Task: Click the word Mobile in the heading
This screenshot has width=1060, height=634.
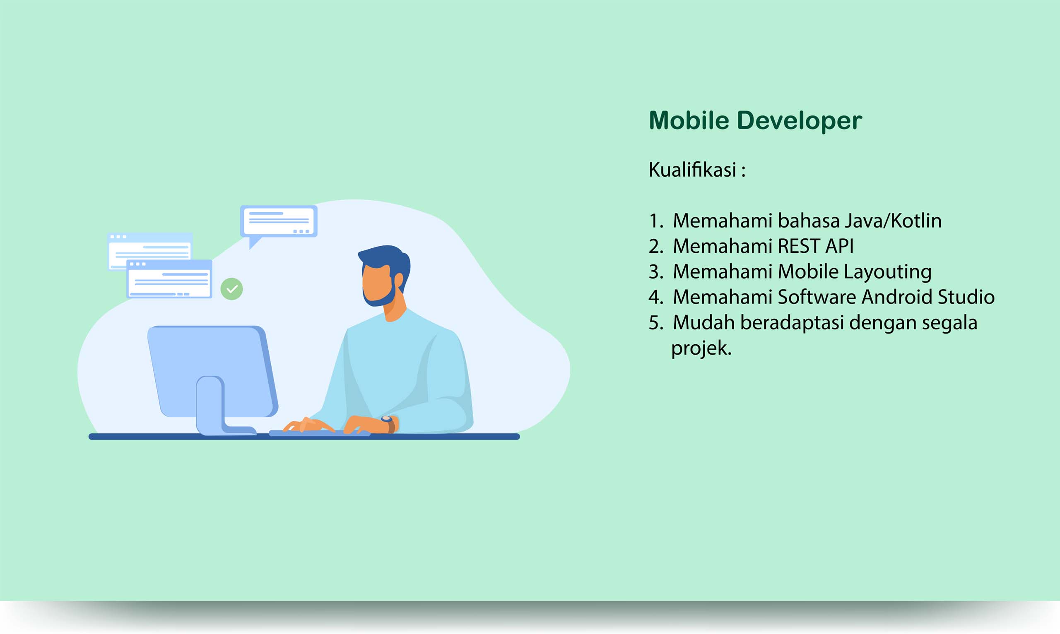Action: coord(689,120)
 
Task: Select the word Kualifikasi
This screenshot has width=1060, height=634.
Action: coord(692,170)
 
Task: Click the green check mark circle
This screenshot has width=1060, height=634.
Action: coord(231,289)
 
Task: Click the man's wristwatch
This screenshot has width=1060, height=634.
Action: coord(388,424)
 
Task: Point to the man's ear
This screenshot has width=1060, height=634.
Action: coord(398,281)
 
